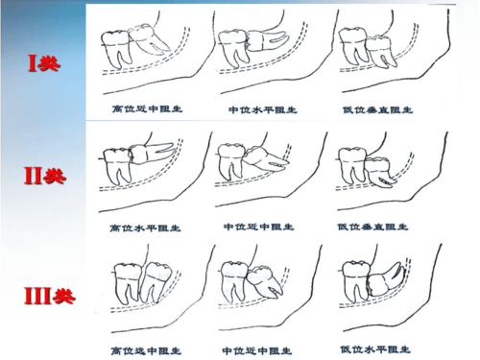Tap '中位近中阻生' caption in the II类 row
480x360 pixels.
point(254,228)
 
